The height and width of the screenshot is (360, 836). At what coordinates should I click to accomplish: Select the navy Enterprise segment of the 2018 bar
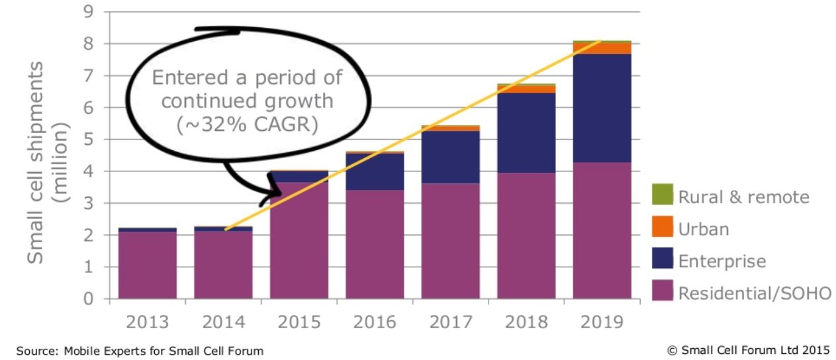coord(526,132)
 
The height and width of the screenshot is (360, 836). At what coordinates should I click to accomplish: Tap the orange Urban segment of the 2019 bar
coord(602,48)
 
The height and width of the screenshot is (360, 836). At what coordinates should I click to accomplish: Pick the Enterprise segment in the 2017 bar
coord(450,157)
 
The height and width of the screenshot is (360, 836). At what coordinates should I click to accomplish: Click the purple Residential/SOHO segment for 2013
coord(148,265)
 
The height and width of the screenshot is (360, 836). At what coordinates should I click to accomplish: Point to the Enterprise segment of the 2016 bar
coord(375,171)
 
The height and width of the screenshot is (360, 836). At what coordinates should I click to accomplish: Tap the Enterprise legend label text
coord(721,261)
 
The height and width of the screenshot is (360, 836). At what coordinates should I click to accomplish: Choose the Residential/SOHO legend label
coord(755,293)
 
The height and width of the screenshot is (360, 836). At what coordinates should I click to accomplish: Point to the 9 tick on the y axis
coord(88,12)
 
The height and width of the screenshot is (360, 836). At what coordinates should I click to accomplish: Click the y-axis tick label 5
coord(88,140)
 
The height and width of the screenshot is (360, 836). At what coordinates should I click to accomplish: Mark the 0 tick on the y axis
coord(88,299)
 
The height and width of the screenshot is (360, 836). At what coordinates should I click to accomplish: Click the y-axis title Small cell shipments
coord(36,163)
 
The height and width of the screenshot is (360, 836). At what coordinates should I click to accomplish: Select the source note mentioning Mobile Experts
coord(140,351)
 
